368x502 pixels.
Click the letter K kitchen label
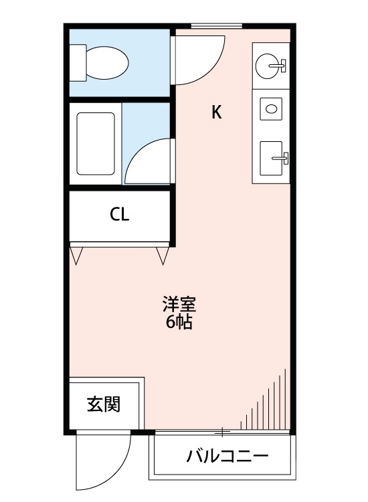(x=216, y=112)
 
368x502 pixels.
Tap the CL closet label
(x=120, y=215)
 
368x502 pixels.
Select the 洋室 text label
(x=179, y=305)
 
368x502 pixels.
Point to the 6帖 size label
(x=179, y=323)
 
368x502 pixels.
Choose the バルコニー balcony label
(x=227, y=458)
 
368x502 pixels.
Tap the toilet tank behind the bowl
(x=78, y=62)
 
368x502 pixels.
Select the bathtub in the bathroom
(x=96, y=144)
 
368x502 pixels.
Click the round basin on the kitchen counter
(x=271, y=66)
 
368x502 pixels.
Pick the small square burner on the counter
(x=271, y=108)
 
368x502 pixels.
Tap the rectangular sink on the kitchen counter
(x=272, y=158)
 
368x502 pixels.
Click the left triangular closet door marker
(x=77, y=255)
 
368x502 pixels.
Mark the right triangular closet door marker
(x=163, y=255)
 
